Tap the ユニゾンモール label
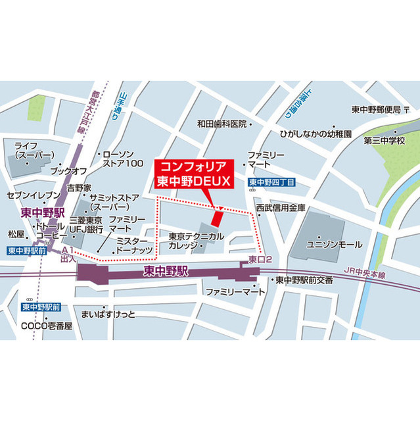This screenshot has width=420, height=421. click(335, 245)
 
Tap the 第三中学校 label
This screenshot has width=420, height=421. click(394, 140)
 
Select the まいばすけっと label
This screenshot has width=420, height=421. click(107, 314)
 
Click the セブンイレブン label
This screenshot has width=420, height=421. click(32, 195)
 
